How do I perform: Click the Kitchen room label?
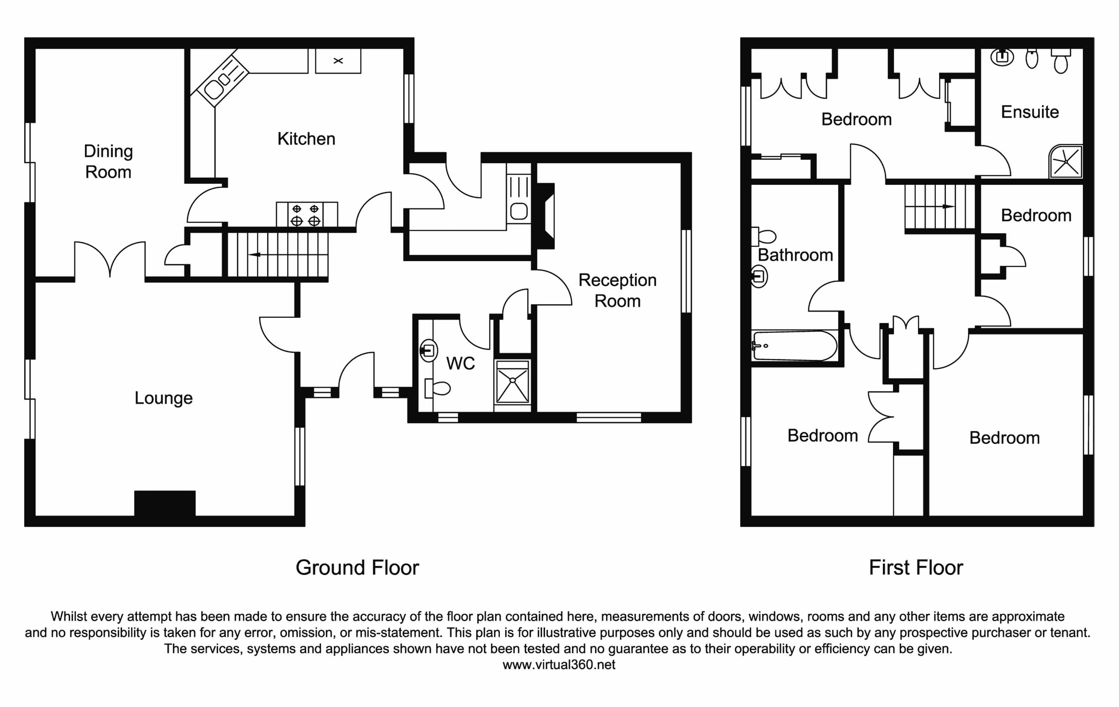click(x=306, y=139)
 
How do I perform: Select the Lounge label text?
click(x=164, y=398)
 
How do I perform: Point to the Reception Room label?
click(x=618, y=291)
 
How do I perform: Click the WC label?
click(x=461, y=364)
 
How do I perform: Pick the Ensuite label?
click(x=1030, y=112)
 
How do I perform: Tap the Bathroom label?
click(x=795, y=255)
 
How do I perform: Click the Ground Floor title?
click(x=357, y=568)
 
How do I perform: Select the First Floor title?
click(x=916, y=568)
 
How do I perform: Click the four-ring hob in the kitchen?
click(x=307, y=215)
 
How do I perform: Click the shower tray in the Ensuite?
click(x=1066, y=162)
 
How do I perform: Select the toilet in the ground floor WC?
click(x=437, y=388)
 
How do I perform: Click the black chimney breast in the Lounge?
click(x=165, y=503)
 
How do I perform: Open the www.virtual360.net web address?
click(x=559, y=665)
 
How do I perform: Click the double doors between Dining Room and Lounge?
click(x=110, y=260)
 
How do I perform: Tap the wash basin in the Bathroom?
click(x=759, y=277)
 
